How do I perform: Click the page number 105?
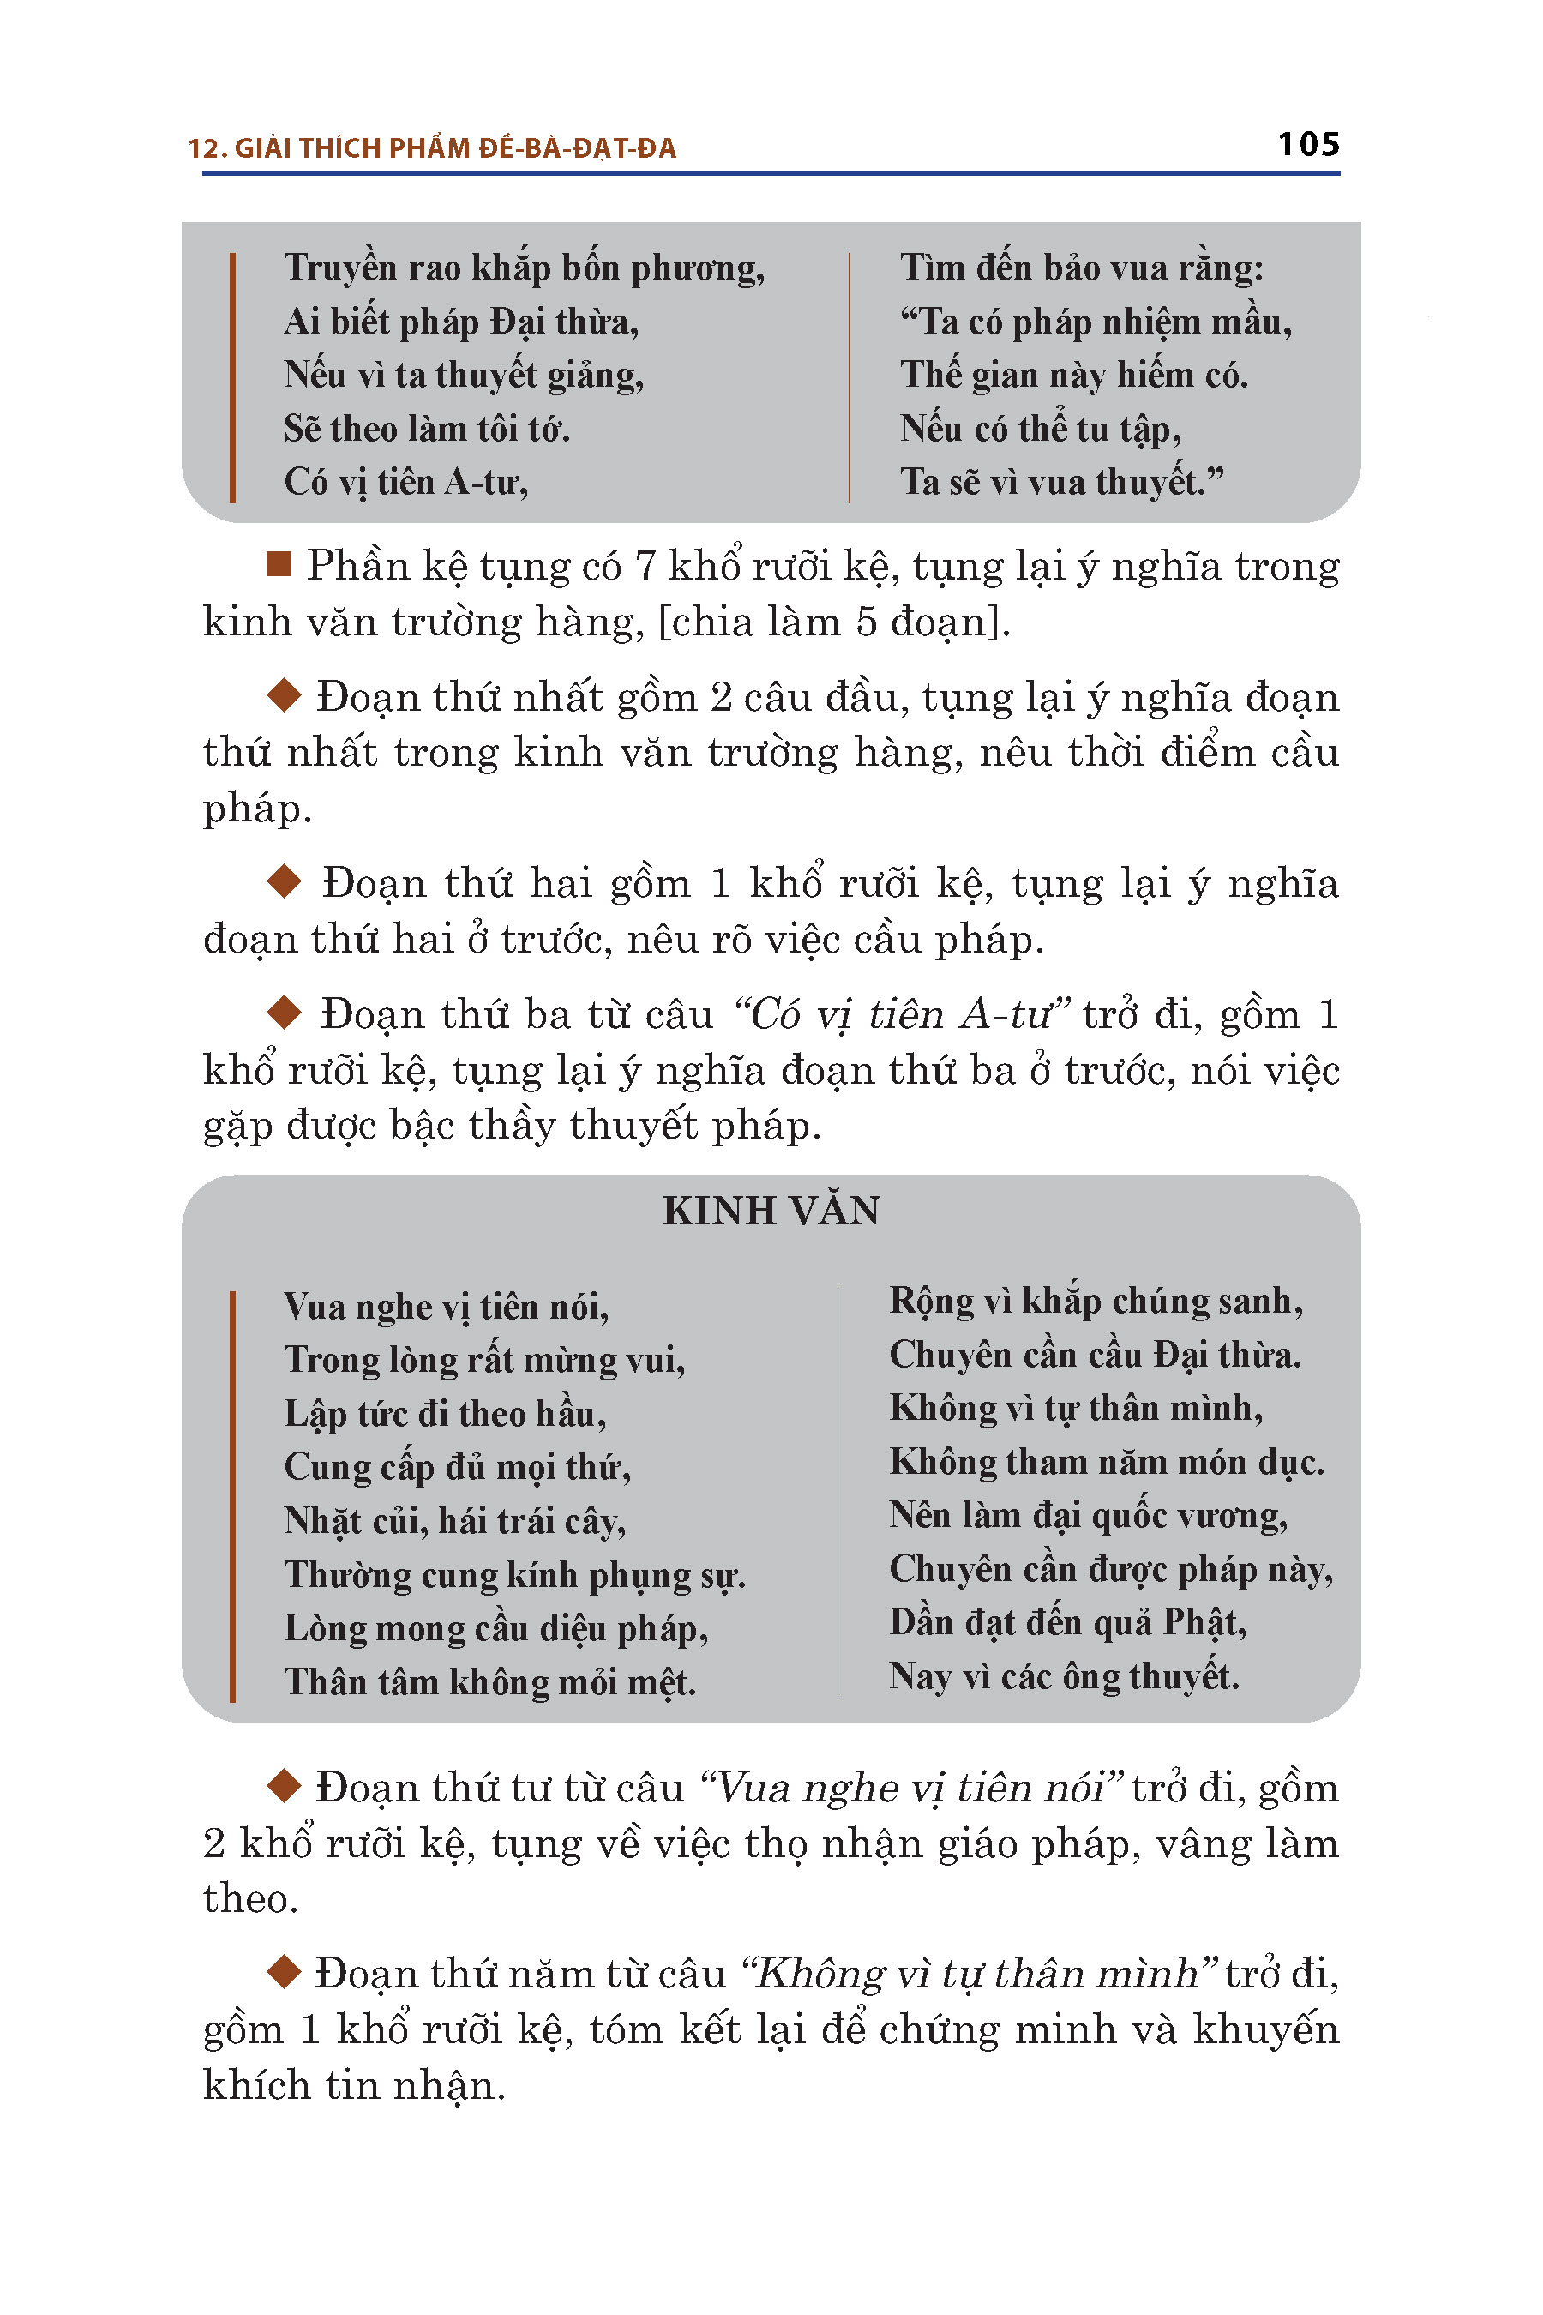point(1308,145)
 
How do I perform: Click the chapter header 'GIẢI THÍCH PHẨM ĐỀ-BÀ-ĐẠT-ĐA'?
point(454,148)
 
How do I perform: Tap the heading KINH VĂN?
point(771,1211)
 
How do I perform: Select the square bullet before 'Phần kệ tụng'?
point(279,564)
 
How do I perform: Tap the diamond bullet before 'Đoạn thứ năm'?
point(285,1971)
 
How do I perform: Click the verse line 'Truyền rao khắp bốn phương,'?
point(524,268)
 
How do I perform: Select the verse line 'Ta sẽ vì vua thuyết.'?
point(1062,481)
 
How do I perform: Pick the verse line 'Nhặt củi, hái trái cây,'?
point(454,1521)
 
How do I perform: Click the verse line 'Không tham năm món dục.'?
point(1106,1462)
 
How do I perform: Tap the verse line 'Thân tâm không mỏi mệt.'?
point(489,1681)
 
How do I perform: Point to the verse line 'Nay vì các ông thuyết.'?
point(1063,1675)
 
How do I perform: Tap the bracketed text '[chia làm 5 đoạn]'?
point(832,622)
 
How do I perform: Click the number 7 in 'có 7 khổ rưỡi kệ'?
point(645,566)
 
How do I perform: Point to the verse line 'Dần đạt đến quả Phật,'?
point(1068,1622)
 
